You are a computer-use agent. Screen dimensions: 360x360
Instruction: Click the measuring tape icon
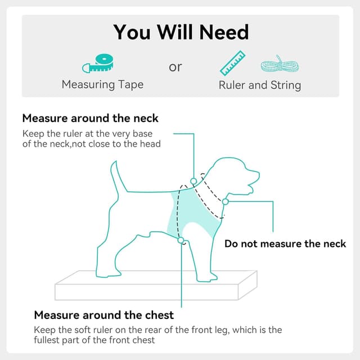[x=98, y=64]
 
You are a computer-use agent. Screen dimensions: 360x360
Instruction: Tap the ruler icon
[x=232, y=63]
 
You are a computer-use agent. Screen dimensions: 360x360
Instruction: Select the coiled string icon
[x=280, y=64]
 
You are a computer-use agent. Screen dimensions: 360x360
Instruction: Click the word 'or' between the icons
[x=175, y=67]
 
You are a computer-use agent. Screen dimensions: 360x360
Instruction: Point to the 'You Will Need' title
[x=181, y=32]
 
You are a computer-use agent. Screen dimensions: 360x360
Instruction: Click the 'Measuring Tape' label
[x=102, y=85]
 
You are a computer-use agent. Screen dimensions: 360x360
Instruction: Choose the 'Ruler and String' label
[x=260, y=85]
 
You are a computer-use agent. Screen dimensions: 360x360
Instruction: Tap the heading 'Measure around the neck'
[x=90, y=119]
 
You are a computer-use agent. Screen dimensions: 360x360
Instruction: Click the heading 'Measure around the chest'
[x=103, y=315]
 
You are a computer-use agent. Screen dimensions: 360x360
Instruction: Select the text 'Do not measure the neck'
[x=285, y=244]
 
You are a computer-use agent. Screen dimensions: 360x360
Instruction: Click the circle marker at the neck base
[x=193, y=181]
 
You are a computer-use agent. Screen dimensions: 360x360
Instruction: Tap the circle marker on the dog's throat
[x=226, y=202]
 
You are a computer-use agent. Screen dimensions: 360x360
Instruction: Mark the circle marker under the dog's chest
[x=181, y=240]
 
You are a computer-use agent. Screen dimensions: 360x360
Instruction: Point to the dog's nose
[x=258, y=174]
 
